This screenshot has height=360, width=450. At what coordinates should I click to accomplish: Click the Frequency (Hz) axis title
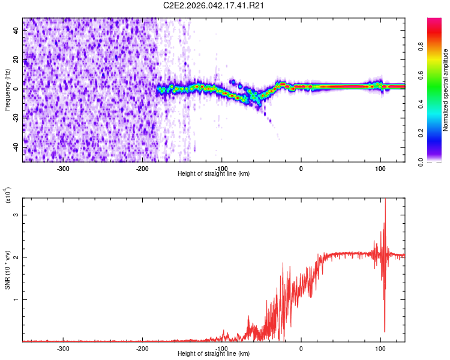pos(8,89)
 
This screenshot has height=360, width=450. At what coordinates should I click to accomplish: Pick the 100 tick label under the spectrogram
pos(380,168)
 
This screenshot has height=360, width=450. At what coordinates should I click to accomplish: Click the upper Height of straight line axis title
pos(214,173)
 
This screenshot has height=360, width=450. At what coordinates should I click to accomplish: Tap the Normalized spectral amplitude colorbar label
pos(446,89)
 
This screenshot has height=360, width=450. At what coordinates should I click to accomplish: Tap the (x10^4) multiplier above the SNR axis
pos(8,195)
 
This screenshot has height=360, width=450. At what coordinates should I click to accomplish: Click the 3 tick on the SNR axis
pos(17,214)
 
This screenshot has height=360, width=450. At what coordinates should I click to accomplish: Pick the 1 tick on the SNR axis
pos(17,299)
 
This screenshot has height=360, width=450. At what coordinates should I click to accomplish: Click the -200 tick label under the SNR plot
pos(142,348)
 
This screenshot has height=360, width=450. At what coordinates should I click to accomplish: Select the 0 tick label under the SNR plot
pos(301,348)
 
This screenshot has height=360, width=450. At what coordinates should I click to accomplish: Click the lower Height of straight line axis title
pos(214,353)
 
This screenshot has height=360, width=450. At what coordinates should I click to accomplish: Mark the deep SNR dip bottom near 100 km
pos(385,331)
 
